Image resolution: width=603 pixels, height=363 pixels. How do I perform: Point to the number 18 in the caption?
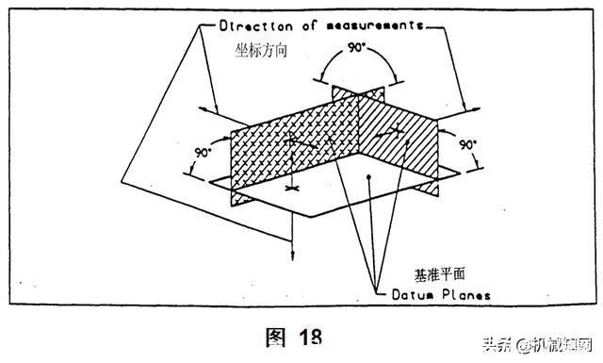(311, 338)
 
